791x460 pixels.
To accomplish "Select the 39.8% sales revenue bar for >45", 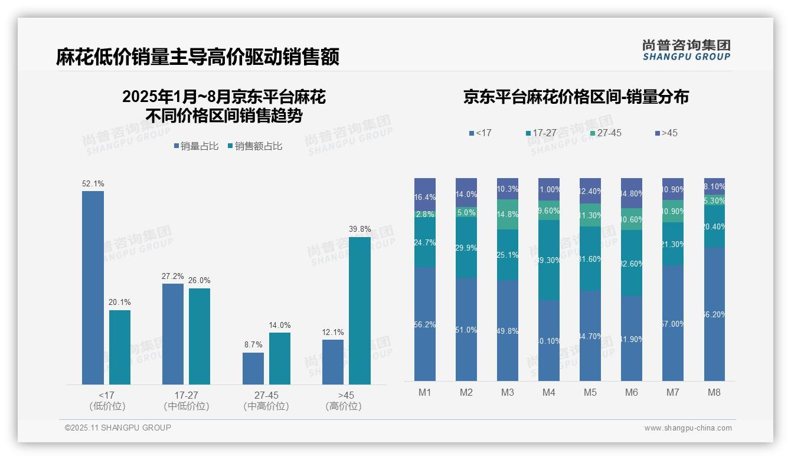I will pyautogui.click(x=359, y=311).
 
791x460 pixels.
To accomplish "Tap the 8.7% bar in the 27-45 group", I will pyautogui.click(x=253, y=369).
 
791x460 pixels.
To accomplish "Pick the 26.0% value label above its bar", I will pyautogui.click(x=200, y=281).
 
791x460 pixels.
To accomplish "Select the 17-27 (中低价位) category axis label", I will pyautogui.click(x=187, y=400).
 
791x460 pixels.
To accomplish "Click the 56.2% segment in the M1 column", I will pyautogui.click(x=425, y=324).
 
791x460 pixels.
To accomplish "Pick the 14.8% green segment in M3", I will pyautogui.click(x=508, y=215).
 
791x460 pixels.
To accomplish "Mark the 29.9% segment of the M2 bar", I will pyautogui.click(x=466, y=248).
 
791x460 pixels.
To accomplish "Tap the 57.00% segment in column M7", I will pyautogui.click(x=673, y=323).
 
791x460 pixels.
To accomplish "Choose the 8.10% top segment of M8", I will pyautogui.click(x=714, y=186).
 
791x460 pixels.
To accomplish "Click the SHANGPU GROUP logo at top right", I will pyautogui.click(x=687, y=50).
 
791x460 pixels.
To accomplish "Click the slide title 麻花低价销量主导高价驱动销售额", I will pyautogui.click(x=198, y=57).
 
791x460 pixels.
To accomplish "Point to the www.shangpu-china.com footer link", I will pyautogui.click(x=688, y=428).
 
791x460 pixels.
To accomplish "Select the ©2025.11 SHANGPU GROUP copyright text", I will pyautogui.click(x=118, y=428).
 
